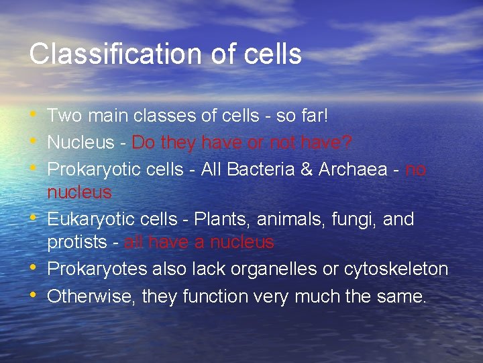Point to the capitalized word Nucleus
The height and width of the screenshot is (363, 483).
[79, 143]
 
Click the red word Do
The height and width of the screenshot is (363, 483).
[144, 143]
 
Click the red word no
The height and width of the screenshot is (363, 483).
[416, 169]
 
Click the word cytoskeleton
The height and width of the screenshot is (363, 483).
[396, 269]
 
